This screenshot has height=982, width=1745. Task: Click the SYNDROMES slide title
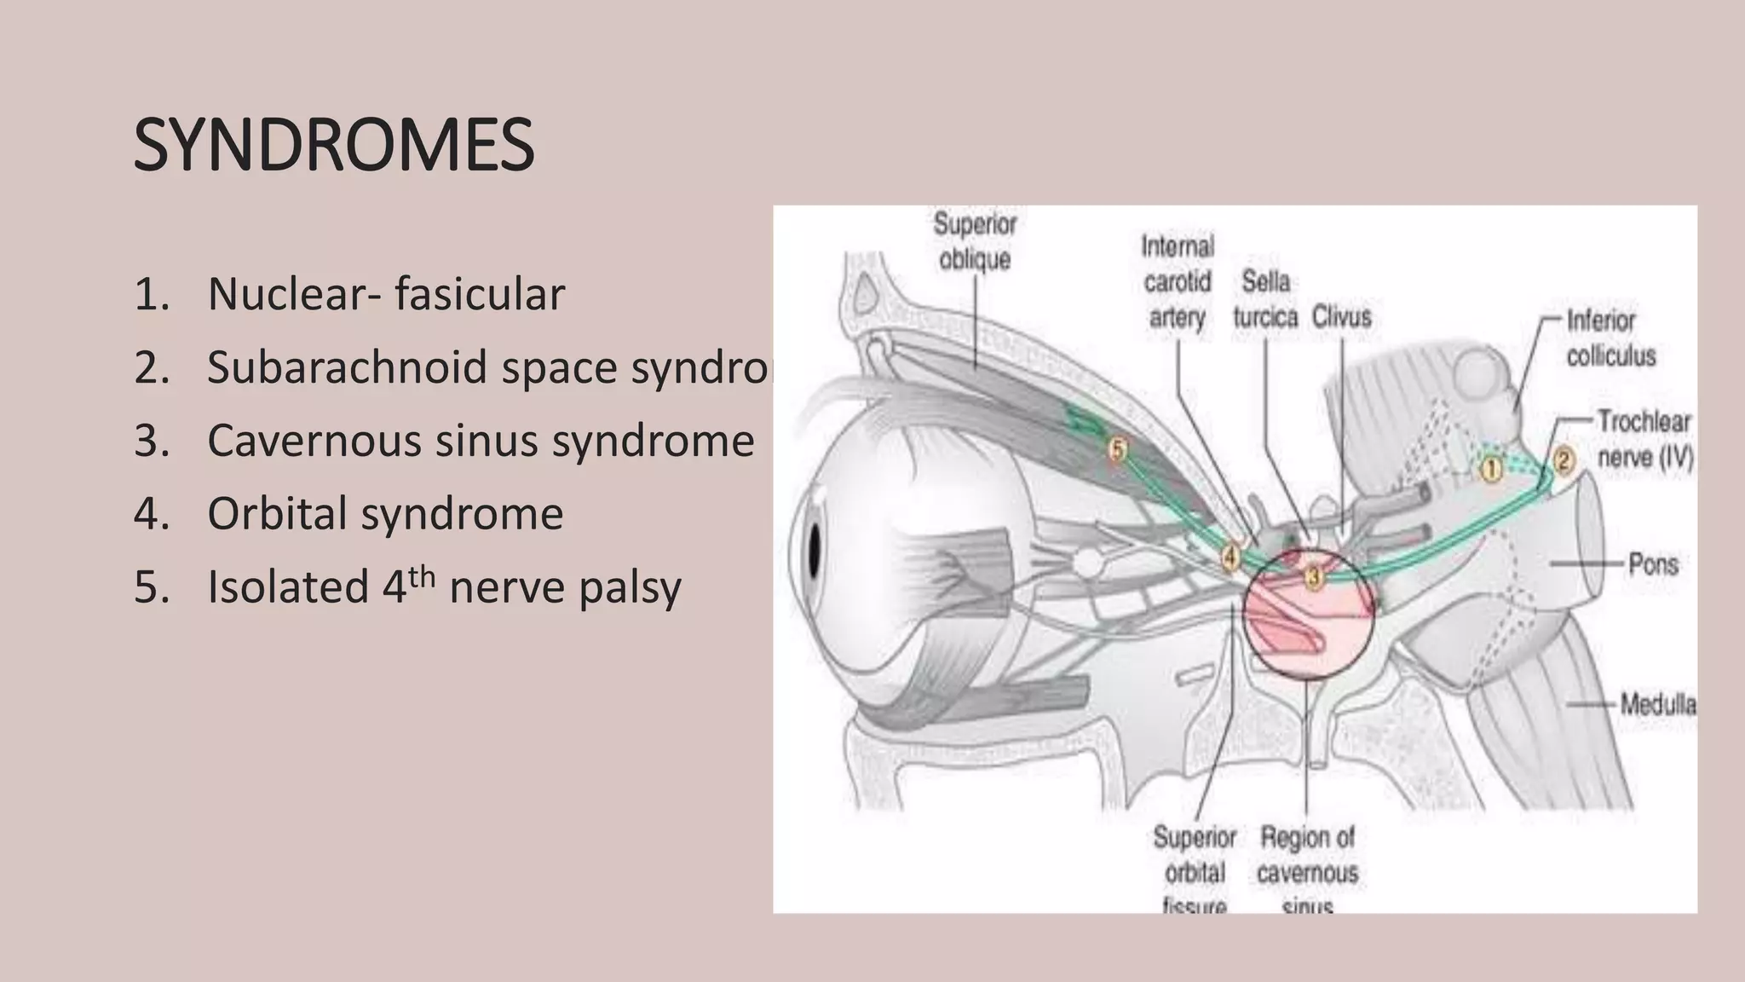click(x=334, y=147)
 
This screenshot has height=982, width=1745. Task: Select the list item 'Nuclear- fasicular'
click(x=385, y=294)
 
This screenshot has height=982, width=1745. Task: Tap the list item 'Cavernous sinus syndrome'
click(x=481, y=441)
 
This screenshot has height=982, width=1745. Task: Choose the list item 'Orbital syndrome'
click(x=385, y=514)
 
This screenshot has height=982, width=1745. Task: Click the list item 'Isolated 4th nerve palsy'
click(x=443, y=587)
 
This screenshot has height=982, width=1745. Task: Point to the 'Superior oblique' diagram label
click(x=975, y=241)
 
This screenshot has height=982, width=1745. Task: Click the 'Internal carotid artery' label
click(x=1178, y=281)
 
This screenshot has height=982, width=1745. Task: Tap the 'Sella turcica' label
click(x=1265, y=298)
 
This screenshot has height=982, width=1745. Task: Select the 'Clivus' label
click(x=1341, y=317)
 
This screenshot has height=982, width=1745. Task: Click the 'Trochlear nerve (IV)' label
click(x=1644, y=439)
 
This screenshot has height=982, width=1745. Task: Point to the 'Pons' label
click(x=1653, y=563)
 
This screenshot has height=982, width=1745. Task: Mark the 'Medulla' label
click(x=1656, y=704)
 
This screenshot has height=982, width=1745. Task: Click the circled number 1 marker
click(x=1491, y=470)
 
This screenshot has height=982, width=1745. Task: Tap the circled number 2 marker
click(x=1564, y=461)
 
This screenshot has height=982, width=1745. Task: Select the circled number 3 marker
click(x=1313, y=578)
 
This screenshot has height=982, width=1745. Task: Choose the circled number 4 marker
click(x=1230, y=557)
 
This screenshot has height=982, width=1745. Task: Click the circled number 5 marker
click(x=1118, y=448)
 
